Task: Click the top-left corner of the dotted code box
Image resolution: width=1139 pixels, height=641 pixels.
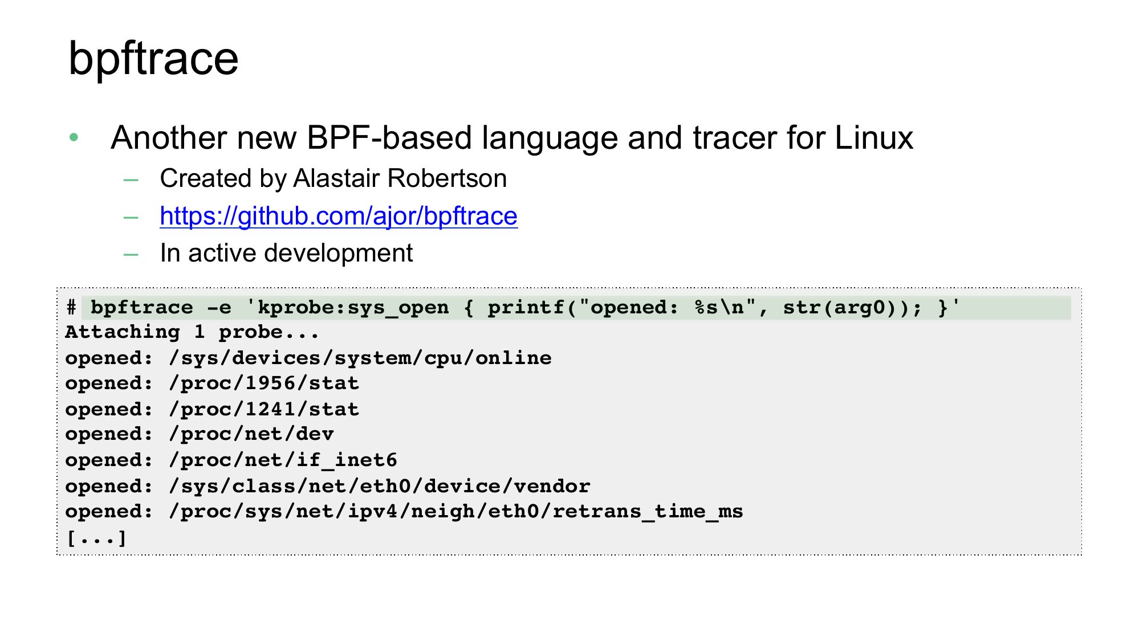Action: click(x=57, y=288)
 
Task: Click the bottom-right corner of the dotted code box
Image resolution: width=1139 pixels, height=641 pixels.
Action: click(x=1081, y=554)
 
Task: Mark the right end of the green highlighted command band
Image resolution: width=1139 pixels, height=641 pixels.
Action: click(x=1071, y=308)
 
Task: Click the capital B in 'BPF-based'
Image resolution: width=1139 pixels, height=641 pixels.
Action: click(x=317, y=138)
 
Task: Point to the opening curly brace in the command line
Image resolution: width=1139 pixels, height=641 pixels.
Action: click(x=469, y=308)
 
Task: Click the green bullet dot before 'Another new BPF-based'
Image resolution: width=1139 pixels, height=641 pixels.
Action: click(x=74, y=137)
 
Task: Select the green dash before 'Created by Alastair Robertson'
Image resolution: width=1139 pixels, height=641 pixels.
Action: click(x=131, y=180)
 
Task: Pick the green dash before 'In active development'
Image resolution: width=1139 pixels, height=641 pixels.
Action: click(x=131, y=255)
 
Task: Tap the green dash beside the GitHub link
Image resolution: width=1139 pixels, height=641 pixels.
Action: click(x=131, y=217)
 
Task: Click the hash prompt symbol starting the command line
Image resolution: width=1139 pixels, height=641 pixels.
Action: click(x=71, y=308)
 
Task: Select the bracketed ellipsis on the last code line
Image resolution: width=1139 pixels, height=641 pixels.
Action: click(x=96, y=537)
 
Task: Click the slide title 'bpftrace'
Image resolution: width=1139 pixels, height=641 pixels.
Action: click(x=153, y=59)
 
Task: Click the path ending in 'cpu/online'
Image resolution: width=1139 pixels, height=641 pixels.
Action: click(x=360, y=358)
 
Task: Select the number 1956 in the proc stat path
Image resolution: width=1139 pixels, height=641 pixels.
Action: click(x=270, y=383)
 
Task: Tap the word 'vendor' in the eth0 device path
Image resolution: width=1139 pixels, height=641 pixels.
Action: click(x=552, y=486)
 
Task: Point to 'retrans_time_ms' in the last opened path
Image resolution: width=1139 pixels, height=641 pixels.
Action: click(x=648, y=511)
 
